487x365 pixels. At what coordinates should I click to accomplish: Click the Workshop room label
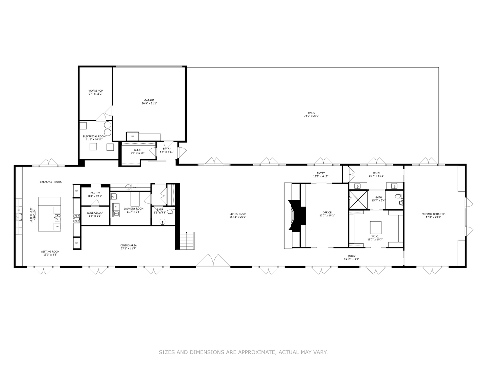95,91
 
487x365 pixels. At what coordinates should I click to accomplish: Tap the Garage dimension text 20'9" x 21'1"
149,103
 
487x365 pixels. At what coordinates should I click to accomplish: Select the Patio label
311,113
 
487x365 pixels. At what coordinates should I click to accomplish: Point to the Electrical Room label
94,136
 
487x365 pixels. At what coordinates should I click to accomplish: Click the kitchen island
49,214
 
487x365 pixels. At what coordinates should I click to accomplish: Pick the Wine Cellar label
95,213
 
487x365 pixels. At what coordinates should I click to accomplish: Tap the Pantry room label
95,193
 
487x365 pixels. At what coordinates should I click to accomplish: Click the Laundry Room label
134,209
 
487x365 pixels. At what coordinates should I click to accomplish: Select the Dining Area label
129,245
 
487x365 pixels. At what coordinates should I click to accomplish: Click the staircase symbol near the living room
187,241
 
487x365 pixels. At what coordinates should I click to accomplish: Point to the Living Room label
238,214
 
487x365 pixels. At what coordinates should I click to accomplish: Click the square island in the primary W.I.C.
376,227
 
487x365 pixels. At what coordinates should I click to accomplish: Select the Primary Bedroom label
433,214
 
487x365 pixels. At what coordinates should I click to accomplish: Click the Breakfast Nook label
51,182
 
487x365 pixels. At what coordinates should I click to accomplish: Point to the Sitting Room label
50,251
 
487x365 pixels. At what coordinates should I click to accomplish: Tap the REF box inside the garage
133,136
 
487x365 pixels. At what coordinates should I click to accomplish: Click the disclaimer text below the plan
243,352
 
